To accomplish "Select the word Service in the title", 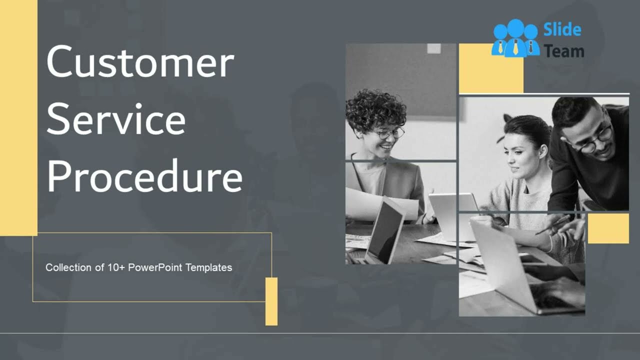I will coord(116,119).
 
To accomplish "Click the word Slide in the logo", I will coord(562,30).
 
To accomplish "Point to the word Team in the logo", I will coord(564,50).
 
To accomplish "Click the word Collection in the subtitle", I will coord(68,267).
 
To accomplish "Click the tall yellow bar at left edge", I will coord(18,117).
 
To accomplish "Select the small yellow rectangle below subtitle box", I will coord(271,301).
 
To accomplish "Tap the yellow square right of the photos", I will coord(608,228).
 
